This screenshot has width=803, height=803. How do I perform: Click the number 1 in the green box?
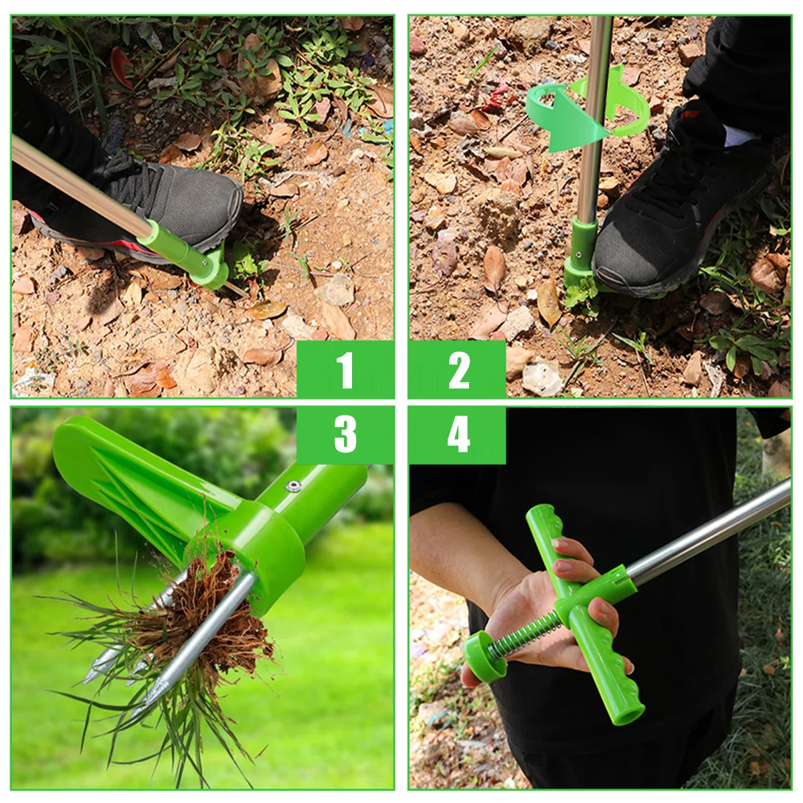click(x=345, y=370)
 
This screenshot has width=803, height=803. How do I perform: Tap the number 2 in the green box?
click(x=458, y=370)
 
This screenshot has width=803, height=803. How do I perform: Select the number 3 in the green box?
click(x=345, y=434)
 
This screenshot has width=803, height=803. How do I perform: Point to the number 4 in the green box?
click(x=458, y=434)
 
